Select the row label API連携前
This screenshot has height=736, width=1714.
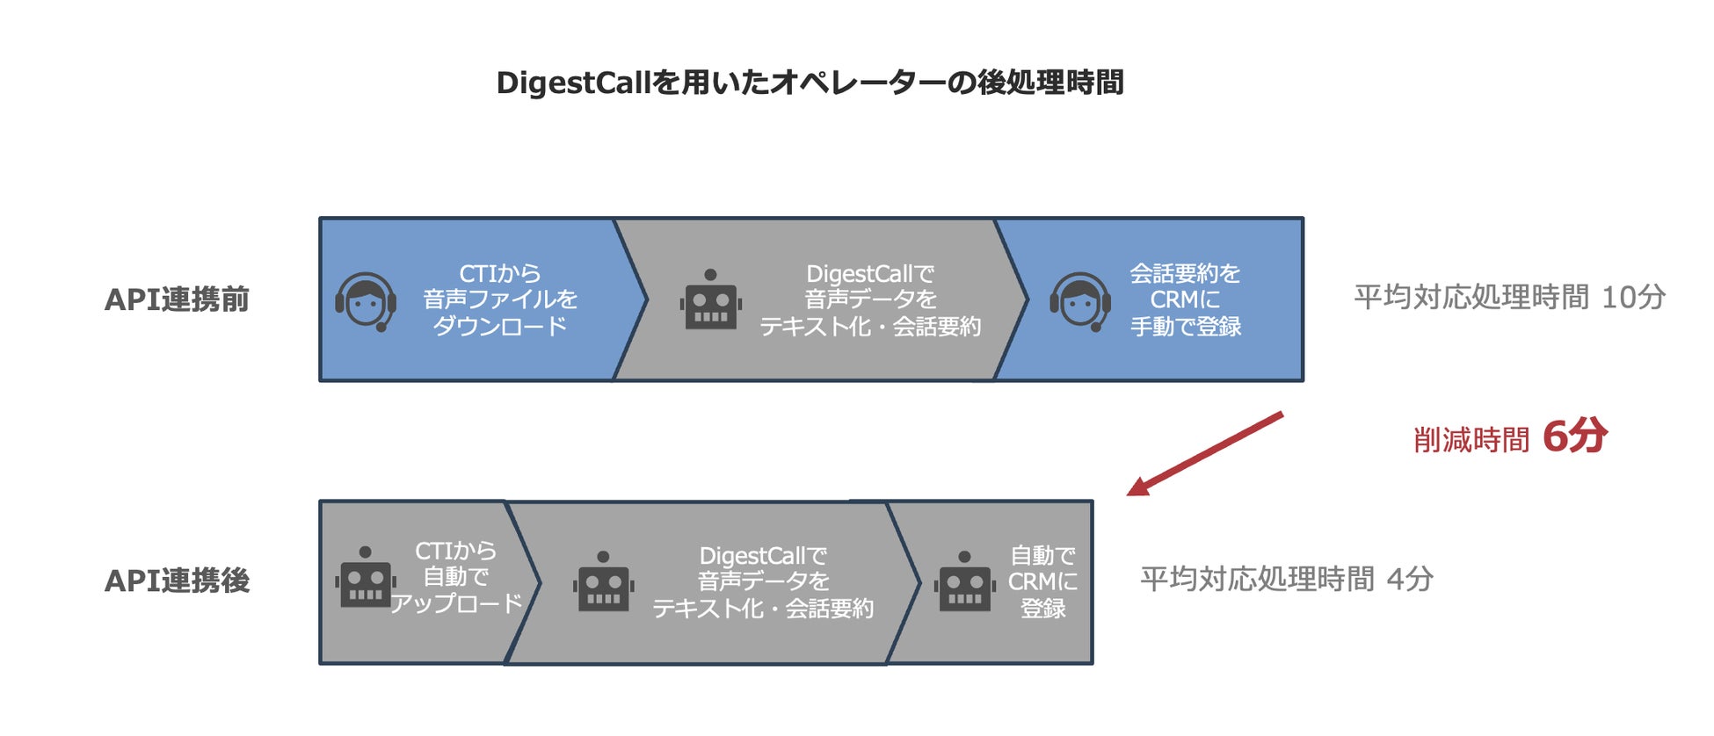coord(177,299)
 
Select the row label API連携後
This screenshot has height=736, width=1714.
coord(177,581)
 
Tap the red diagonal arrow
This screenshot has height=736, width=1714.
coord(1205,453)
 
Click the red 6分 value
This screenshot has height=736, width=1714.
coord(1574,437)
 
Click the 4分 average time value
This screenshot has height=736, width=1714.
coord(1410,580)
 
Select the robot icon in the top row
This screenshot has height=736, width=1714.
coord(710,299)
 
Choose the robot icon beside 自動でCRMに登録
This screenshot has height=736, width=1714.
coord(964,581)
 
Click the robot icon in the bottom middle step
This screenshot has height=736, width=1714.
coord(603,581)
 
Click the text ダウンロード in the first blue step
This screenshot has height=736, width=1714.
coord(500,327)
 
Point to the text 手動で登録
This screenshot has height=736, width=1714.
coord(1186,327)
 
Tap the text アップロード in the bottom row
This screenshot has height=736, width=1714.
coord(456,603)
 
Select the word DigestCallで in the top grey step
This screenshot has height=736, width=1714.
coord(870,274)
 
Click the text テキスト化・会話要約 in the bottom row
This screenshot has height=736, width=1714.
coord(763,609)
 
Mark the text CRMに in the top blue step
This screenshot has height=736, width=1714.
coord(1185,300)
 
